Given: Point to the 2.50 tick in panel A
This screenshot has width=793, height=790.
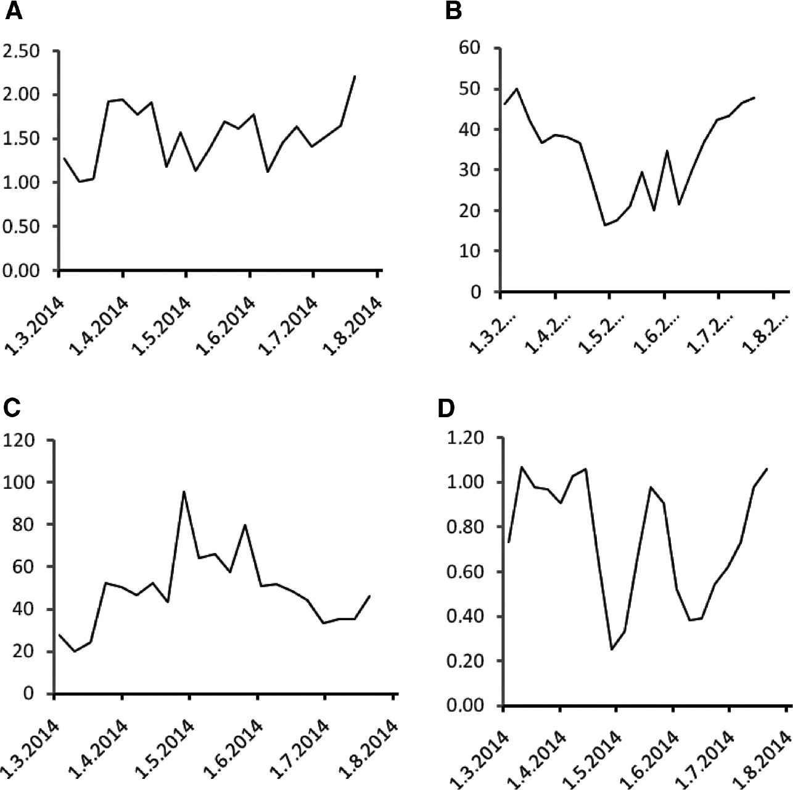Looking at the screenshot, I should pos(22,51).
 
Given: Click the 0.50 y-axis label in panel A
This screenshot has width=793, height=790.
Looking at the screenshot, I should pos(22,227).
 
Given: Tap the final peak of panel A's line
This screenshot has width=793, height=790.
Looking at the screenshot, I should pos(355,76).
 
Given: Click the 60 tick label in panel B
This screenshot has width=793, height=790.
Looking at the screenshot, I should pos(474,48).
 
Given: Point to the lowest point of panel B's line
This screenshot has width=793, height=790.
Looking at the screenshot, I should pos(606,225).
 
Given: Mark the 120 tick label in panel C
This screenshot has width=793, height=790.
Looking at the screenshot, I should pos(20,441).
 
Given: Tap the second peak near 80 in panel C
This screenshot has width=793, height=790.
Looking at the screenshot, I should pos(246,525).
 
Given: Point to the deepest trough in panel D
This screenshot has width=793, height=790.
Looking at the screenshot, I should pos(612,649).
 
